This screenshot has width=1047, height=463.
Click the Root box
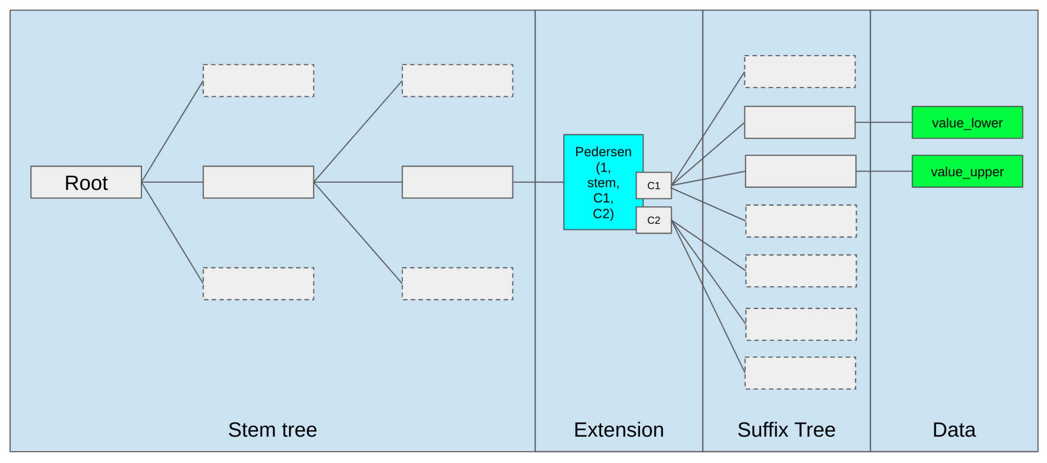(86, 182)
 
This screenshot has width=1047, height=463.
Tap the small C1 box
(653, 185)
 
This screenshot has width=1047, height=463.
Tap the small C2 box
(653, 220)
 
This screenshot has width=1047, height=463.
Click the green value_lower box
(967, 123)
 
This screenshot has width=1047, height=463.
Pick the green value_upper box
(967, 171)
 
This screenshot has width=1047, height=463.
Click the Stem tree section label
(272, 430)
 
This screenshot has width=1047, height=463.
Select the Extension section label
(619, 430)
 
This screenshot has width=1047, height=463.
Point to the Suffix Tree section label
(786, 430)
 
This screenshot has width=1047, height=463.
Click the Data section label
(954, 430)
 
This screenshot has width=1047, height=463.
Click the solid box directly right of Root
(258, 182)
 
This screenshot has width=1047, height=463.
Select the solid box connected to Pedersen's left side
(457, 182)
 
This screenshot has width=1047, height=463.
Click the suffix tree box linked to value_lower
(799, 123)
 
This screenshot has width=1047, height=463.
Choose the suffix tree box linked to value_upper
(800, 171)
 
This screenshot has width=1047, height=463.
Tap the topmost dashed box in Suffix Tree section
(799, 72)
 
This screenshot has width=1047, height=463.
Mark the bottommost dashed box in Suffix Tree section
(800, 373)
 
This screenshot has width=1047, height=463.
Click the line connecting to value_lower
(883, 123)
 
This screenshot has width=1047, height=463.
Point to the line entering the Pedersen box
(538, 182)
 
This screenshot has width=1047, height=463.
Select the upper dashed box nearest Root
(258, 81)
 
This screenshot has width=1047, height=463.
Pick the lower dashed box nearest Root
(258, 284)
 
